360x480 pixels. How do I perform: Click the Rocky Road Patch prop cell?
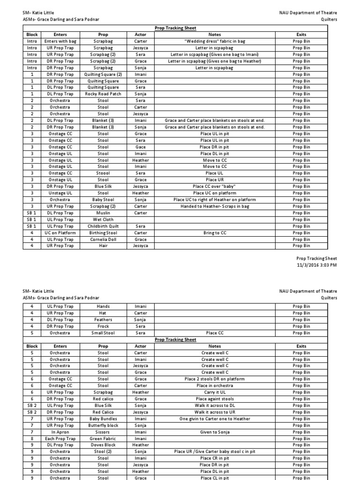(x=103, y=94)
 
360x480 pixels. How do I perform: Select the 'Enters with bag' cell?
(x=60, y=41)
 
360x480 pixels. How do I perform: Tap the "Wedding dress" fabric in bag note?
(x=214, y=41)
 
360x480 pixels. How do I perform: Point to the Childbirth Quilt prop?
(x=103, y=226)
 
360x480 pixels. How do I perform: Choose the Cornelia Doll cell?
(x=103, y=239)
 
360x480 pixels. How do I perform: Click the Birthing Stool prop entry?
(x=103, y=232)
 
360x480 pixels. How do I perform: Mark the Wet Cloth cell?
(x=103, y=219)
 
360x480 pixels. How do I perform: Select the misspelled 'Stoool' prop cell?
(x=103, y=173)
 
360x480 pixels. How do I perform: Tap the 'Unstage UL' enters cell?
(x=60, y=193)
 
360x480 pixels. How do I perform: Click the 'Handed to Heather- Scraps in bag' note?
(x=214, y=206)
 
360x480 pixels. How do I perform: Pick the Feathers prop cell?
(x=103, y=320)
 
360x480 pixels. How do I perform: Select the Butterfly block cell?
(x=103, y=425)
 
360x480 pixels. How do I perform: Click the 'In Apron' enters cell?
(x=60, y=432)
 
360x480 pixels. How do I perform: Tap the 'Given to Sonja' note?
(x=214, y=432)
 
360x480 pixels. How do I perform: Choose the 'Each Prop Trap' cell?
(x=60, y=438)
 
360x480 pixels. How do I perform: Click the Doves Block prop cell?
(x=103, y=445)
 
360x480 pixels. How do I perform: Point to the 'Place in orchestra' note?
(x=214, y=385)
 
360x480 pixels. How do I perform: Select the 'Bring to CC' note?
(x=214, y=232)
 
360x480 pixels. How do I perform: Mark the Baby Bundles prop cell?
(x=103, y=419)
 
